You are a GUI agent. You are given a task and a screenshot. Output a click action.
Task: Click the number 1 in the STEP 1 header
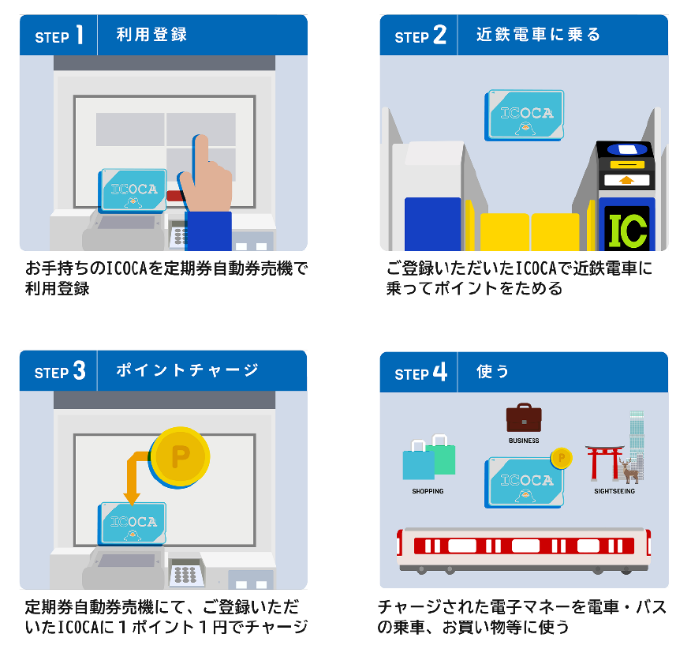point(80,35)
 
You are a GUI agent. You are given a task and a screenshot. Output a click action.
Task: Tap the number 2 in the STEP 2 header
point(439,35)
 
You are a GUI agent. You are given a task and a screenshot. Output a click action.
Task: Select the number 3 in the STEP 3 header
point(80,370)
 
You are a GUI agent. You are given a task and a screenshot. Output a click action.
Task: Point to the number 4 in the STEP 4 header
point(440,372)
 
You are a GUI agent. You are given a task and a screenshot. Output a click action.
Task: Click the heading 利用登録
point(151,35)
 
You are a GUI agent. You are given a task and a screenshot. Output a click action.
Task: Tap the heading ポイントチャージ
point(187,370)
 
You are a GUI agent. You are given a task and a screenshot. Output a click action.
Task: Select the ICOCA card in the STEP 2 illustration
point(524,115)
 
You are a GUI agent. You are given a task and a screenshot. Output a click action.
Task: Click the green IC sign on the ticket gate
point(628,230)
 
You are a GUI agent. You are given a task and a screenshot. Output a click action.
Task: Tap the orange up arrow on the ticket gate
point(626,180)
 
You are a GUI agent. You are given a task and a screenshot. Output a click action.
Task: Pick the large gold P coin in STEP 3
point(180,456)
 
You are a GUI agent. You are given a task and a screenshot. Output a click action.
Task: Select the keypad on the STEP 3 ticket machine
point(185,573)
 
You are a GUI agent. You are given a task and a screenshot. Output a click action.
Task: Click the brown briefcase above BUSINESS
point(524,418)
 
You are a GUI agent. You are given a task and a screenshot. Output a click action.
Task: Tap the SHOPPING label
point(428,491)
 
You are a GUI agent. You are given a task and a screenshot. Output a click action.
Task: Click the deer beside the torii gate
point(629,471)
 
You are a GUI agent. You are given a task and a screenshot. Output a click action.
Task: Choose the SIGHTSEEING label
point(614,491)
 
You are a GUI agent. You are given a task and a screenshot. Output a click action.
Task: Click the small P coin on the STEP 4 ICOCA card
point(561,459)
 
